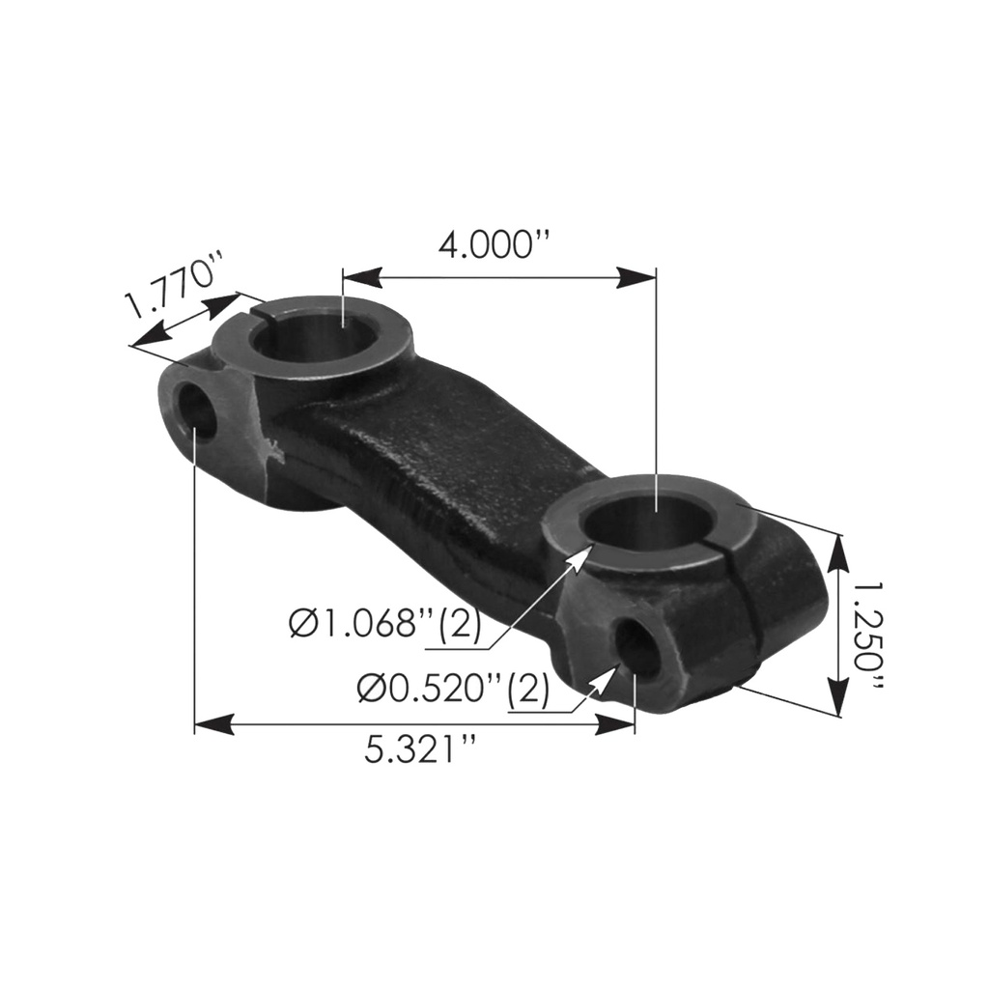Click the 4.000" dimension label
[494, 245]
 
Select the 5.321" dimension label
[419, 749]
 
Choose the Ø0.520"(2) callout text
[453, 687]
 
